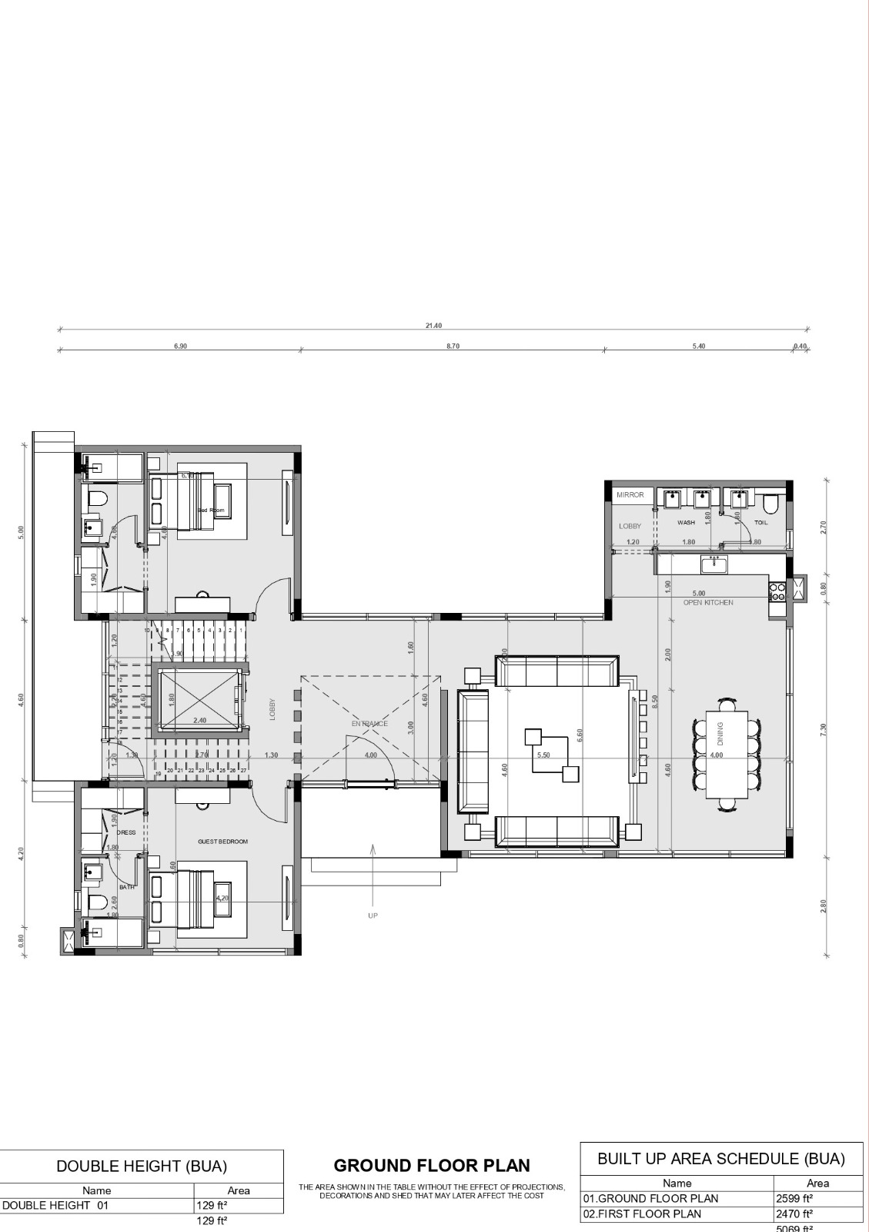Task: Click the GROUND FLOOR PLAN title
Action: [x=432, y=1165]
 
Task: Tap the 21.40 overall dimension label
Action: [x=434, y=326]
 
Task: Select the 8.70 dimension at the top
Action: [x=453, y=346]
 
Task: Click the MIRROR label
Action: [x=630, y=495]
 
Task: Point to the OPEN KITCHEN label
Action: [x=708, y=602]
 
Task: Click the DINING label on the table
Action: [x=721, y=735]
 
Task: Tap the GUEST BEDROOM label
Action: [x=223, y=842]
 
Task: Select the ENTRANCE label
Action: [x=369, y=724]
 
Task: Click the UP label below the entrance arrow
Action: [x=373, y=916]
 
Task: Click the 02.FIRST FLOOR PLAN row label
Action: [x=643, y=1214]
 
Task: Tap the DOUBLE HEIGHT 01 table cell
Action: [x=56, y=1206]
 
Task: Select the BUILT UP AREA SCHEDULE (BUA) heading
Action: [x=721, y=1158]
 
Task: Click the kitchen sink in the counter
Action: [x=715, y=564]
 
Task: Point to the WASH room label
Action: [x=686, y=523]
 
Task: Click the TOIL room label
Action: [x=760, y=523]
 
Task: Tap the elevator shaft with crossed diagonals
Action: [x=198, y=701]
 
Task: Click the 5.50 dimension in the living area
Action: [x=543, y=755]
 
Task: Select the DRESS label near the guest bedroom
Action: [x=126, y=832]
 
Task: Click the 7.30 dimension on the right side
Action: [x=824, y=728]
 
